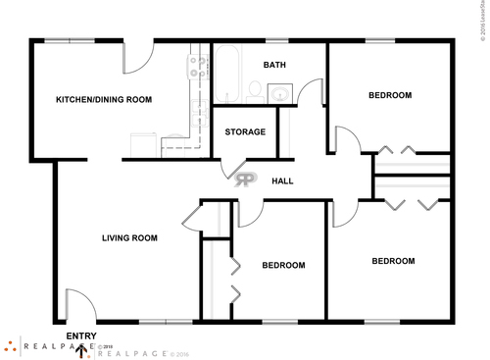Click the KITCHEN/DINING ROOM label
pyautogui.click(x=103, y=99)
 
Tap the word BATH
pyautogui.click(x=274, y=65)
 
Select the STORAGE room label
pyautogui.click(x=245, y=131)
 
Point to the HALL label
pyautogui.click(x=282, y=180)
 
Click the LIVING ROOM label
pyautogui.click(x=130, y=237)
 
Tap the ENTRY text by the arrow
pyautogui.click(x=80, y=335)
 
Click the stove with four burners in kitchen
pyautogui.click(x=199, y=67)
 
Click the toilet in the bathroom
pyautogui.click(x=254, y=90)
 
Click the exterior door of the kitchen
pyautogui.click(x=138, y=58)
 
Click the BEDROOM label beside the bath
pyautogui.click(x=390, y=95)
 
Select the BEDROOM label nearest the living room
pyautogui.click(x=282, y=265)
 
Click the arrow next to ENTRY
pyautogui.click(x=81, y=350)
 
